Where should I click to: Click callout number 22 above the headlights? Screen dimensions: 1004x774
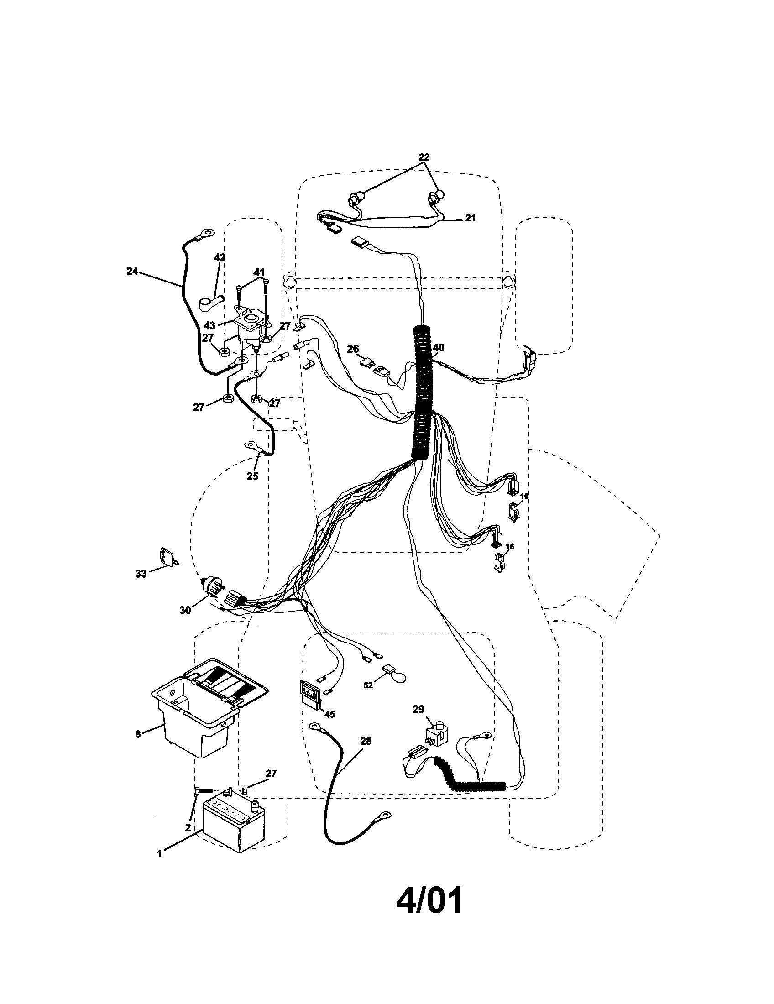(x=424, y=157)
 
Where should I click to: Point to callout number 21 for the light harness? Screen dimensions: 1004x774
(x=470, y=218)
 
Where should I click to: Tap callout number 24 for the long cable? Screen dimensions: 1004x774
(x=132, y=271)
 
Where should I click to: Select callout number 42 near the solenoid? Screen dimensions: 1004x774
(x=220, y=257)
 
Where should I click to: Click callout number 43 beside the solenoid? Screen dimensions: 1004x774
(x=209, y=325)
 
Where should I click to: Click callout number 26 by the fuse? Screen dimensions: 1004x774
(x=352, y=350)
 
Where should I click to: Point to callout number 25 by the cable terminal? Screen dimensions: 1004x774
(x=252, y=476)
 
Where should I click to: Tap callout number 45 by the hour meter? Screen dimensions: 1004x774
(x=329, y=714)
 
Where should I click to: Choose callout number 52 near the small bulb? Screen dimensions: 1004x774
(x=368, y=698)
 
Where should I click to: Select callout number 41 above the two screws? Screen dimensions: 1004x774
(x=260, y=272)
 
